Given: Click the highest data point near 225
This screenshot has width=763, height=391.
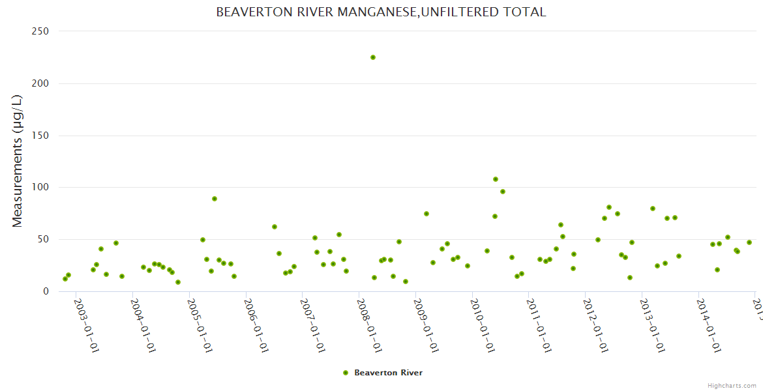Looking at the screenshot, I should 373,57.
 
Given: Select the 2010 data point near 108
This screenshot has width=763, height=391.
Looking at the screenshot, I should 496,179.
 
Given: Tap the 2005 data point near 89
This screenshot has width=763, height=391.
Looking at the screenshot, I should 215,199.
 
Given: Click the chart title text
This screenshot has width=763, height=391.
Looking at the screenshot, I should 381,12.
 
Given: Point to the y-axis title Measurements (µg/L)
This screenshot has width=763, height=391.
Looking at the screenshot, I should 18,161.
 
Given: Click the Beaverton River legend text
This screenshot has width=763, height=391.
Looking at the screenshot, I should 388,373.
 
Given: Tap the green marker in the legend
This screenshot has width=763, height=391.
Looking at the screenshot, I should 346,373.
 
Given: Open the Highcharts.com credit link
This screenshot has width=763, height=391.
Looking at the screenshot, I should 732,386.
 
